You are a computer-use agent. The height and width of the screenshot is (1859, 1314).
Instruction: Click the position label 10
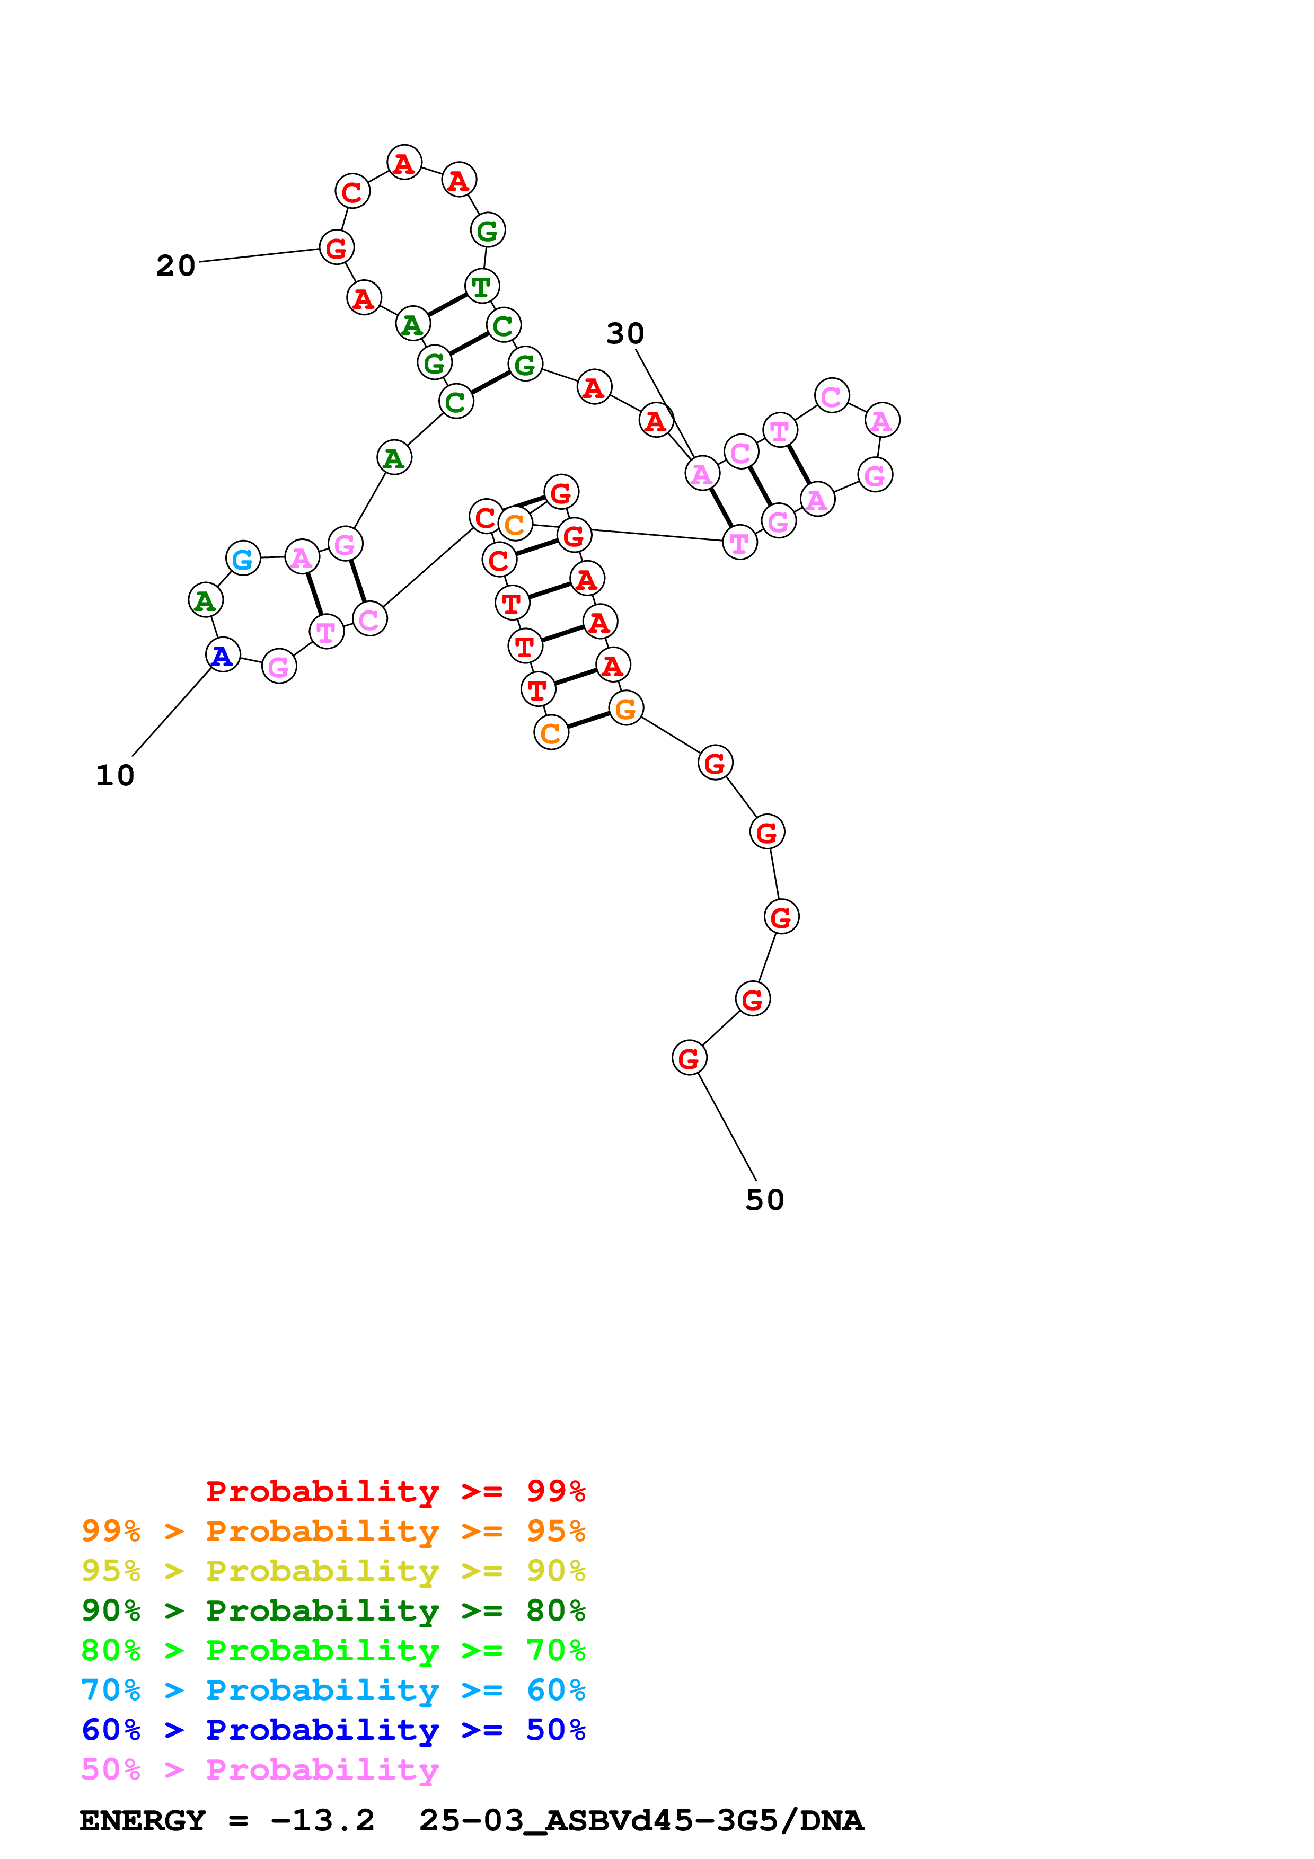(x=115, y=776)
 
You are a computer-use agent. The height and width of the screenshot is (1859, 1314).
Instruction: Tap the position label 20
(x=175, y=265)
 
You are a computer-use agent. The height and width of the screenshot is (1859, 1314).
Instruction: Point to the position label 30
(x=625, y=333)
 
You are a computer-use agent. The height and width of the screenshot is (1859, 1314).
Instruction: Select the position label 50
(x=764, y=1200)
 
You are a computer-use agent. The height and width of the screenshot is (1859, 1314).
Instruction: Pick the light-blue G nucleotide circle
(x=243, y=558)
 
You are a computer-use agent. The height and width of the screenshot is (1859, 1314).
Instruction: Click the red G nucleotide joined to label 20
(x=337, y=248)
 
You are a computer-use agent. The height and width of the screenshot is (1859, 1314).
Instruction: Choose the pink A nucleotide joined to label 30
(x=702, y=474)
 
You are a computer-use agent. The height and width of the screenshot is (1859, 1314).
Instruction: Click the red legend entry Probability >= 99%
(x=395, y=1491)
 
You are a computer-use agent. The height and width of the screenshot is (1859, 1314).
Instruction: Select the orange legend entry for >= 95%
(x=333, y=1531)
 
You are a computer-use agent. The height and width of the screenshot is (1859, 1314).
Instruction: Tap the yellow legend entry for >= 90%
(x=333, y=1571)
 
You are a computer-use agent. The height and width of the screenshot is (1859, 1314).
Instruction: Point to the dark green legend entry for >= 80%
(x=333, y=1610)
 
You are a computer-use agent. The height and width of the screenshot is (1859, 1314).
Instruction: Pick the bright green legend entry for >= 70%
(x=333, y=1650)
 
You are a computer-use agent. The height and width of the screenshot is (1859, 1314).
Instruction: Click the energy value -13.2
(x=322, y=1820)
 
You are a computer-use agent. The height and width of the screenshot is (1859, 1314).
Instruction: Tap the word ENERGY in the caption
(x=143, y=1820)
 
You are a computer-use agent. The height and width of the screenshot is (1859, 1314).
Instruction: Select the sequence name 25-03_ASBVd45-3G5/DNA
(x=641, y=1820)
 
